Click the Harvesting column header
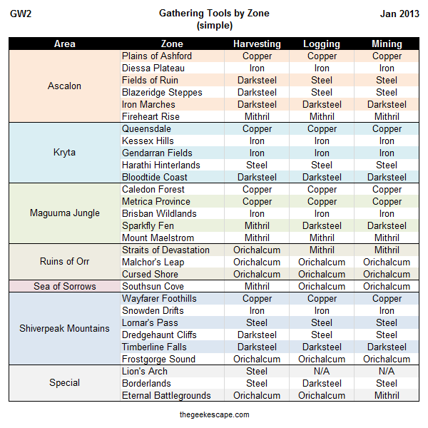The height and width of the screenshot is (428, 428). (x=257, y=44)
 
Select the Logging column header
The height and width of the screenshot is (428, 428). (x=322, y=44)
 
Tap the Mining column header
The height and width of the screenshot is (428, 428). (x=387, y=44)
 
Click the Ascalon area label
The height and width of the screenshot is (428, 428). (x=64, y=86)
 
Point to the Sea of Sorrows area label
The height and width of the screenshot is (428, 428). (x=65, y=286)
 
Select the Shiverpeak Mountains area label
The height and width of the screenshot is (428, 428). (x=64, y=328)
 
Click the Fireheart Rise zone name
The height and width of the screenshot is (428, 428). (x=151, y=116)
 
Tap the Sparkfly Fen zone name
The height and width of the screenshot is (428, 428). (x=148, y=226)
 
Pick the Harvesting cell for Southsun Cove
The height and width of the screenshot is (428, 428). (x=257, y=286)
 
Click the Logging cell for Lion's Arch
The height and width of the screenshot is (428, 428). (x=322, y=371)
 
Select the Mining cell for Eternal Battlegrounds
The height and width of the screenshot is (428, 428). (x=387, y=395)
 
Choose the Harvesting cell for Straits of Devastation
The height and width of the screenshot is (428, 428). (x=257, y=250)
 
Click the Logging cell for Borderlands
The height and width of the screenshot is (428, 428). (x=322, y=384)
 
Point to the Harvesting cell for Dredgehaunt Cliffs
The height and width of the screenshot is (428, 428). (x=257, y=335)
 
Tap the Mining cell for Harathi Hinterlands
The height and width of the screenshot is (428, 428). (x=387, y=165)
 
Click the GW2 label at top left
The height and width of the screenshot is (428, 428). (x=21, y=14)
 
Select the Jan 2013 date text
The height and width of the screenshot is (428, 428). (x=399, y=14)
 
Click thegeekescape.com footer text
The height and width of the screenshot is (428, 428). (x=214, y=414)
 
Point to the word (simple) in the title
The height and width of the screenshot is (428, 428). (x=215, y=26)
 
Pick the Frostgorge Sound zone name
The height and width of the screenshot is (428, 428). (x=158, y=360)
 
